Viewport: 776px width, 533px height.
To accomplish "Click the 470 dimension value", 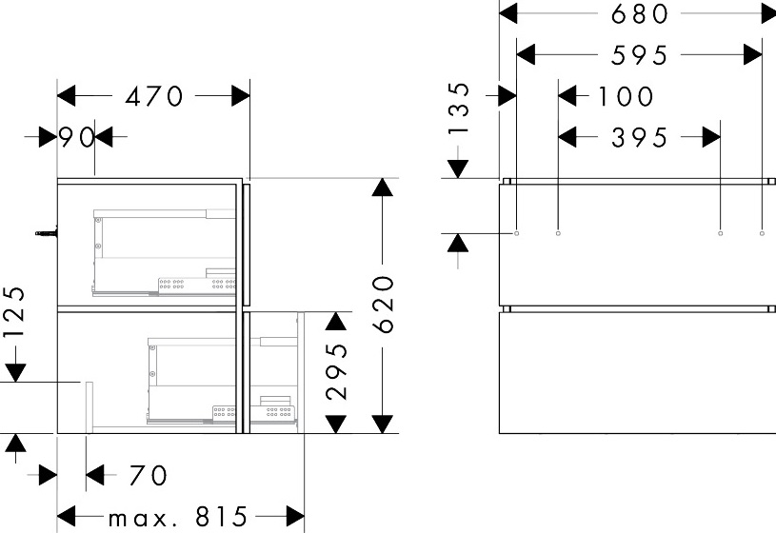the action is point(154,96).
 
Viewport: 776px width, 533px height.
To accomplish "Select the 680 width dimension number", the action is point(640,14).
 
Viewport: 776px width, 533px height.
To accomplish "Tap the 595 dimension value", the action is point(640,55).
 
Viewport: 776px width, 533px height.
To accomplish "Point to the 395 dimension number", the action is point(640,138).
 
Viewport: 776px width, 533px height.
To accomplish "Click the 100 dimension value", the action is point(627,96).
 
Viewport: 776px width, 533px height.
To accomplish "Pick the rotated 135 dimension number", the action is point(459,109).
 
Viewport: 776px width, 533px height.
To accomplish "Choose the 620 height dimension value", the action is point(384,305).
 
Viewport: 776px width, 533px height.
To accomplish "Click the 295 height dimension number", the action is point(337,371).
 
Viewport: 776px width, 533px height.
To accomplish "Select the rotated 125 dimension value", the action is point(14,312).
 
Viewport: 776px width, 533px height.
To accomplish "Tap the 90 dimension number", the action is point(76,137).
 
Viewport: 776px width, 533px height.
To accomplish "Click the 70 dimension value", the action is point(149,475).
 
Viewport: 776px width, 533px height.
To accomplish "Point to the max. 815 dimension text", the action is point(177,517).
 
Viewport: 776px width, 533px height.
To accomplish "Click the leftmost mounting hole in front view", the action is point(517,233).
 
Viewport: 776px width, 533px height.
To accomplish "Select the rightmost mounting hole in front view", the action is point(762,233).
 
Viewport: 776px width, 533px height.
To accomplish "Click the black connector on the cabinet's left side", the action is point(47,232).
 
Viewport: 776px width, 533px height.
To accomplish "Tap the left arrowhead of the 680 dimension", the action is point(508,13).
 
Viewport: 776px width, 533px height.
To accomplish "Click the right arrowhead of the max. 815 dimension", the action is point(295,516).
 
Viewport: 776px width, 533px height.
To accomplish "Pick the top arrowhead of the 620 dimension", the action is point(383,188).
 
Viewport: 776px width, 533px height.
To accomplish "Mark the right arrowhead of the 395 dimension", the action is point(711,137).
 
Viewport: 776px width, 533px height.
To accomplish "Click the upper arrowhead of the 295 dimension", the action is point(336,321).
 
